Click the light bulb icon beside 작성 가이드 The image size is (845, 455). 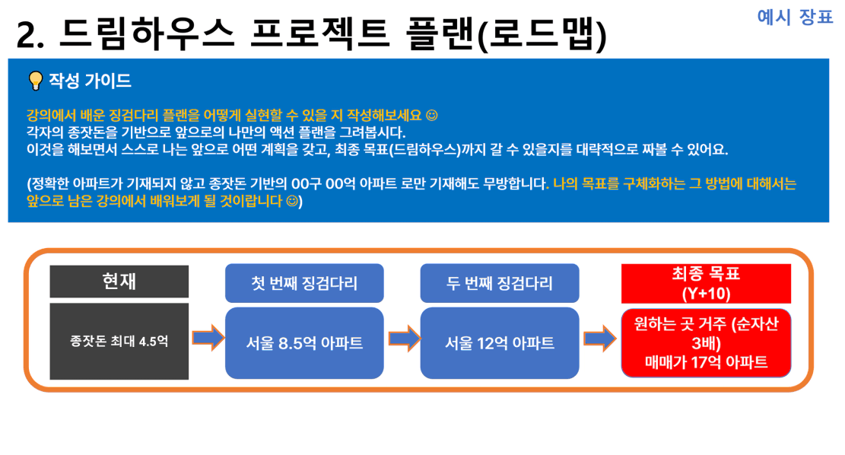tap(36, 81)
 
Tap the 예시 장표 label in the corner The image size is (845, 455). tap(795, 17)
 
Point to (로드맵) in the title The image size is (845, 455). tap(543, 34)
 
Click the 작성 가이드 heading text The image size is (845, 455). tap(90, 81)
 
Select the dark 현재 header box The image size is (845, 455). tap(119, 281)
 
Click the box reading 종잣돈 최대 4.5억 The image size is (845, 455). tap(119, 341)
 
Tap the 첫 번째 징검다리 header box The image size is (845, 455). tap(304, 283)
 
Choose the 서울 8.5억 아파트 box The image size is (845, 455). tap(304, 343)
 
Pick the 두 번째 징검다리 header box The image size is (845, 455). tap(500, 283)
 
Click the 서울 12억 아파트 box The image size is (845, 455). tap(500, 343)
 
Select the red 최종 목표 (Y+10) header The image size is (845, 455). tap(706, 284)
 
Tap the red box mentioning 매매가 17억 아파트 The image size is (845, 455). tap(706, 343)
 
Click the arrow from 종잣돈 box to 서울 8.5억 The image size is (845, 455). tap(208, 338)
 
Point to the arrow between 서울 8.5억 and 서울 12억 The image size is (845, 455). tap(404, 339)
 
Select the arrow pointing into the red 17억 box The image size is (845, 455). tap(600, 339)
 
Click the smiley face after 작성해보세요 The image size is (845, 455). tap(432, 116)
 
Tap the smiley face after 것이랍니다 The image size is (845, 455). tap(291, 201)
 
